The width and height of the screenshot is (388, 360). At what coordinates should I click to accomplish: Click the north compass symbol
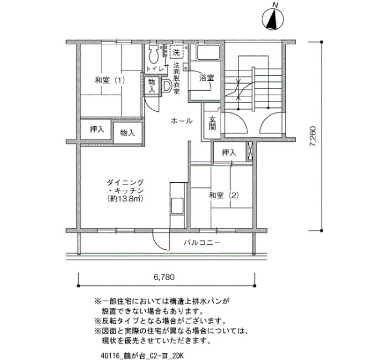pyautogui.click(x=273, y=19)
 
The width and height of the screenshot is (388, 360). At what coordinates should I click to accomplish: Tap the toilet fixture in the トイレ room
pyautogui.click(x=154, y=54)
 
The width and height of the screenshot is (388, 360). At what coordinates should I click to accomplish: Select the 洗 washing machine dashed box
pyautogui.click(x=176, y=52)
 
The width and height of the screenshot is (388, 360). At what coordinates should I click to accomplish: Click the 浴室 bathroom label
pyautogui.click(x=207, y=78)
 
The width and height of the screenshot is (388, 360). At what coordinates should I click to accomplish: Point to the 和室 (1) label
pyautogui.click(x=110, y=80)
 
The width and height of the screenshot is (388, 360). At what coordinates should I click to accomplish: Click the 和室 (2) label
pyautogui.click(x=224, y=196)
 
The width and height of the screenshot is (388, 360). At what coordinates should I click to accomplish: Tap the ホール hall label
pyautogui.click(x=182, y=121)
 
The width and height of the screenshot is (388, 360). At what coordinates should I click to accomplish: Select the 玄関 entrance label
pyautogui.click(x=212, y=123)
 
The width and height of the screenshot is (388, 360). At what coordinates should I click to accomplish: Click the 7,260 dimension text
pyautogui.click(x=313, y=136)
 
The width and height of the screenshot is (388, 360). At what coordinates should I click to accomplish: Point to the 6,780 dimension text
pyautogui.click(x=164, y=277)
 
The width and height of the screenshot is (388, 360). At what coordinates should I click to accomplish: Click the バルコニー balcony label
pyautogui.click(x=202, y=243)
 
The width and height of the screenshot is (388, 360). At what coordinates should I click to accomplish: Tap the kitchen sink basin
pyautogui.click(x=177, y=205)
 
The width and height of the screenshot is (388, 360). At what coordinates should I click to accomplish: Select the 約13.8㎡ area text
pyautogui.click(x=125, y=198)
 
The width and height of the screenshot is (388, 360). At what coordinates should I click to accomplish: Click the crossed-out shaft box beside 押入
pyautogui.click(x=249, y=151)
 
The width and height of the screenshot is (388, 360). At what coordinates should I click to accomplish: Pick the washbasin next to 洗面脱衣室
pyautogui.click(x=167, y=86)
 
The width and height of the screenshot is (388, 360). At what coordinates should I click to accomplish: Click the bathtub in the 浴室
pyautogui.click(x=208, y=53)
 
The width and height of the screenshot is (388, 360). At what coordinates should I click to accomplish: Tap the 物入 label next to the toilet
pyautogui.click(x=152, y=85)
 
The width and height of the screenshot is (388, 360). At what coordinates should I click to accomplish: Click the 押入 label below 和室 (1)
pyautogui.click(x=97, y=129)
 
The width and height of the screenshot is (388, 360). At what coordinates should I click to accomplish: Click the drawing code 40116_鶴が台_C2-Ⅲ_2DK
pyautogui.click(x=142, y=356)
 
